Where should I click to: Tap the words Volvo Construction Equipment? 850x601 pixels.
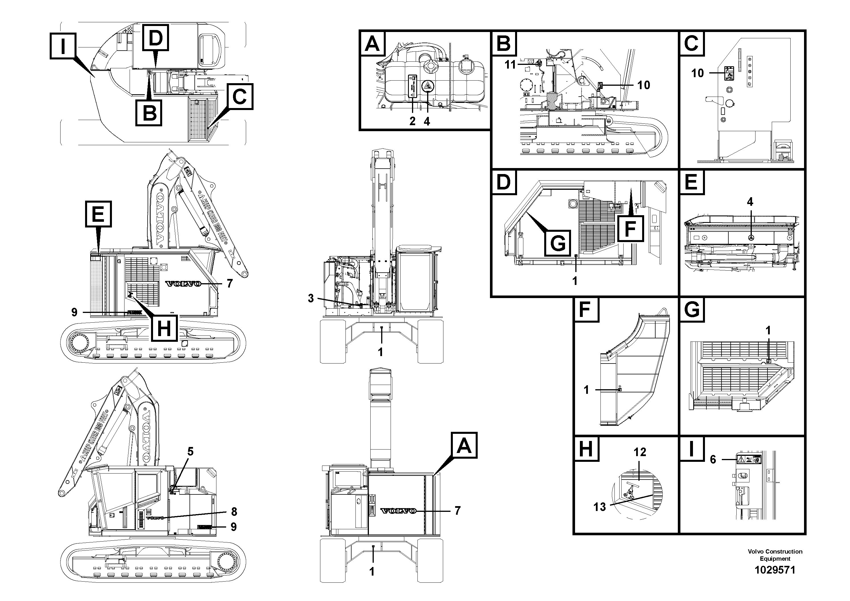coord(775,555)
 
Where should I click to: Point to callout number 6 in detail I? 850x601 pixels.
coord(713,460)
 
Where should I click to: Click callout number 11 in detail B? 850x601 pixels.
coord(510,65)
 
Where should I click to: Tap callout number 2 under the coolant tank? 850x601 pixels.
coord(412,121)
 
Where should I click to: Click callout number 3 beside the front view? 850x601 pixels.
coord(311,298)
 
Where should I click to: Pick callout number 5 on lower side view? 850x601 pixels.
coord(190,451)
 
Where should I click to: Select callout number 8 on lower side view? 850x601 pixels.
coord(234,512)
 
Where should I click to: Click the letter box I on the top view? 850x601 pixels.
coord(63,46)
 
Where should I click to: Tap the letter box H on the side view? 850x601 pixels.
coord(164,328)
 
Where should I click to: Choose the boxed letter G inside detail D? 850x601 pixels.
coord(558,243)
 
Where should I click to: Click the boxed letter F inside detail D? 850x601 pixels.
coord(630,229)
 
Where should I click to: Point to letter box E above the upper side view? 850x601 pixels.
coord(98,214)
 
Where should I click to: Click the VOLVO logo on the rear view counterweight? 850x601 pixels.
coord(398,511)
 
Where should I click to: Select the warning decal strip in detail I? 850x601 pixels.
coord(749,460)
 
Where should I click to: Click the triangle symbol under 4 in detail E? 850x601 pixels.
coord(750,238)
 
